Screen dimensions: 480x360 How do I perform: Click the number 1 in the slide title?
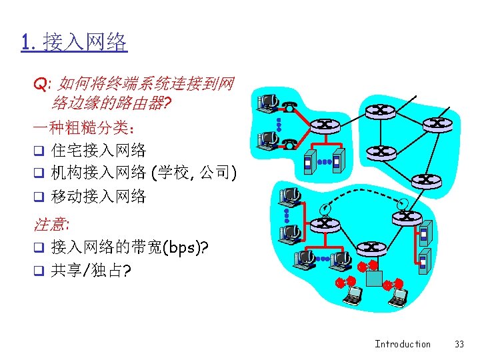(x=25, y=44)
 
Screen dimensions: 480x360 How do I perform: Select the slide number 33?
(x=459, y=344)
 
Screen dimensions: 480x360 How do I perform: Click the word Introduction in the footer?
(x=403, y=344)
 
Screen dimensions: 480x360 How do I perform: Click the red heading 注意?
(x=53, y=224)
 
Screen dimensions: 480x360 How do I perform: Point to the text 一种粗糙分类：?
(x=85, y=127)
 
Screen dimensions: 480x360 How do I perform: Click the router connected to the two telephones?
(x=325, y=124)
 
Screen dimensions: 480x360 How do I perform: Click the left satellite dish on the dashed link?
(x=324, y=207)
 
